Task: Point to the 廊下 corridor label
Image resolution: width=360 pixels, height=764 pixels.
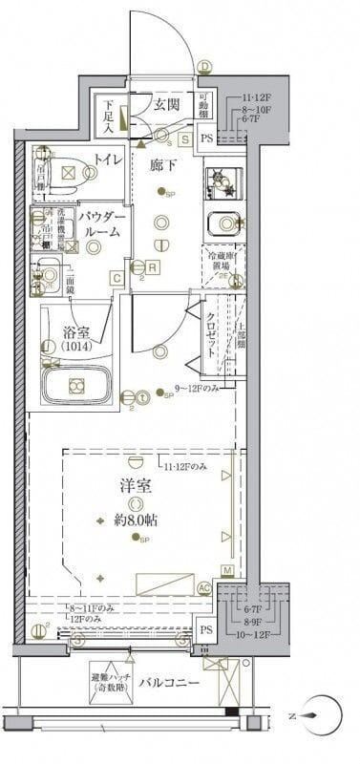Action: pos(163,165)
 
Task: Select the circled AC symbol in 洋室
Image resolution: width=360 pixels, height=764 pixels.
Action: pos(202,589)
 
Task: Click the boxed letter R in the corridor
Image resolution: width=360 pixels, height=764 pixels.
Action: pos(152,267)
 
